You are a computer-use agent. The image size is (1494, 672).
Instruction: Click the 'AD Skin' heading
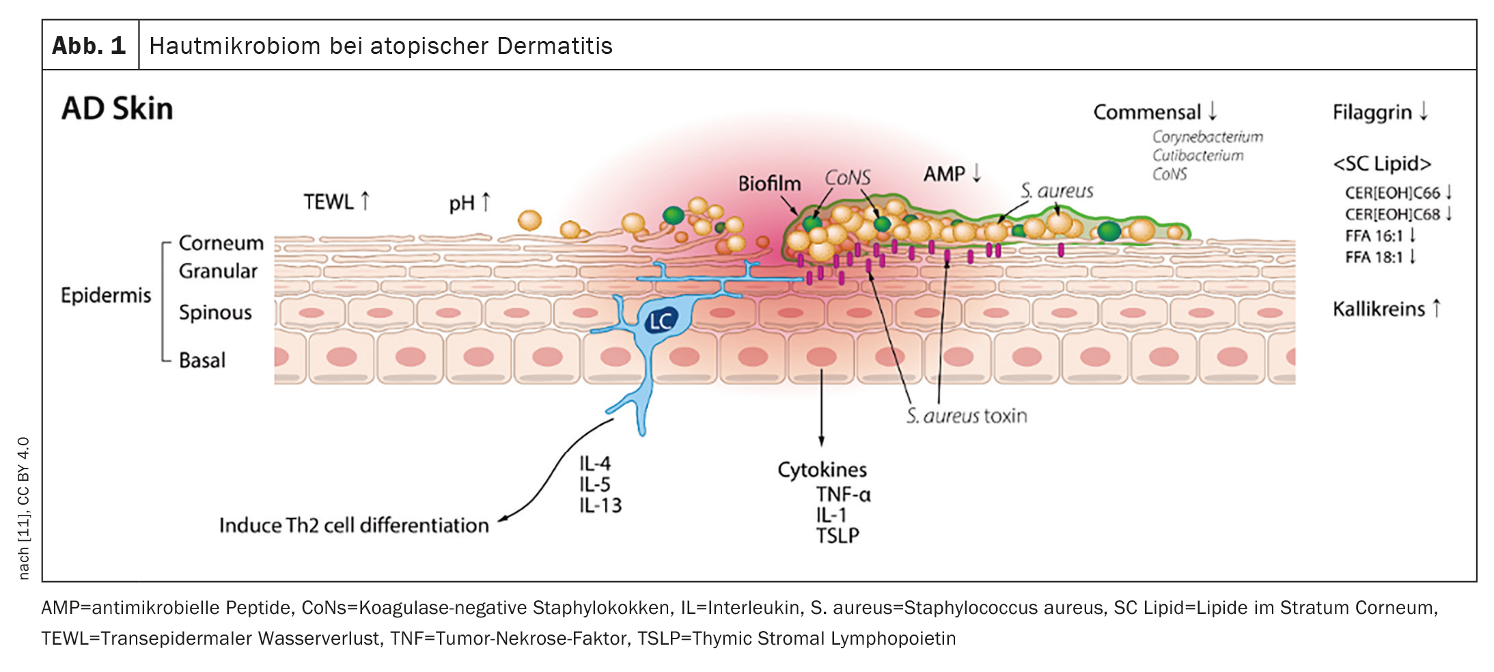(x=117, y=109)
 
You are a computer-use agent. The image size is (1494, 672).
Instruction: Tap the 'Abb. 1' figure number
(x=89, y=46)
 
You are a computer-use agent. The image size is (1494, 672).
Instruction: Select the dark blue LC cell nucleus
(x=661, y=320)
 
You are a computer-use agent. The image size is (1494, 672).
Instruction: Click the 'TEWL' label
(x=329, y=201)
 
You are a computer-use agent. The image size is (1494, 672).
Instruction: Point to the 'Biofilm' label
(x=769, y=183)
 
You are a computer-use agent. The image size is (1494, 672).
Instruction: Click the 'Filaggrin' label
(x=1372, y=112)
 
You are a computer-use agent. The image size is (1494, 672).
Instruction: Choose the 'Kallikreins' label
(x=1379, y=309)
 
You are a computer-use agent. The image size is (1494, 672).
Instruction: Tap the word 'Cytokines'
(x=822, y=470)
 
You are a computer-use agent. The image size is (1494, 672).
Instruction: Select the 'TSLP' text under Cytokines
(x=838, y=535)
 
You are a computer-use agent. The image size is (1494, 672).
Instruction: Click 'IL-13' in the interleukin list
(x=600, y=505)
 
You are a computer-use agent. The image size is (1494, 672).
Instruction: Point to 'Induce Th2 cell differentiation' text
(x=354, y=525)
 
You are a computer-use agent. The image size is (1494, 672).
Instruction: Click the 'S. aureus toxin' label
(x=967, y=416)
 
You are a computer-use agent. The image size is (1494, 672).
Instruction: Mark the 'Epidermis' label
(x=106, y=295)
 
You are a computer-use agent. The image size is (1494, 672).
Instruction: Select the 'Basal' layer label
(x=202, y=360)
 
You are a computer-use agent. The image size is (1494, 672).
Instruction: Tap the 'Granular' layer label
(x=218, y=271)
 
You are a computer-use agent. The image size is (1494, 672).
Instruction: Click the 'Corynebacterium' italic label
(x=1207, y=137)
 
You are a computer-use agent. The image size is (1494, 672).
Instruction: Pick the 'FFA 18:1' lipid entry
(x=1374, y=257)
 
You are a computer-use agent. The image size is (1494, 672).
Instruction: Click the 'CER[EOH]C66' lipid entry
(x=1392, y=193)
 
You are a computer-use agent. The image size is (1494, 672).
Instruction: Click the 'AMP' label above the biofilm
(x=944, y=174)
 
